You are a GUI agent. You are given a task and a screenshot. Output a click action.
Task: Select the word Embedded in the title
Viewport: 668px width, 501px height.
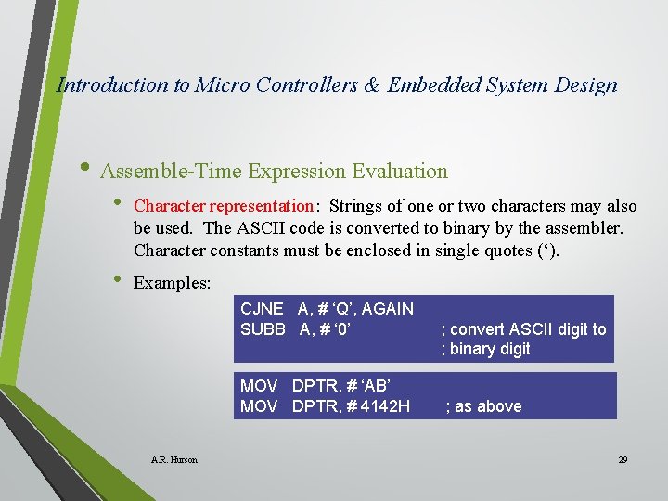pos(431,85)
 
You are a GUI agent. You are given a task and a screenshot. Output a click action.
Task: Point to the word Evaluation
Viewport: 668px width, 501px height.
pos(400,172)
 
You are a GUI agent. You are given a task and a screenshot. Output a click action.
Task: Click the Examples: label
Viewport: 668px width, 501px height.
pos(173,283)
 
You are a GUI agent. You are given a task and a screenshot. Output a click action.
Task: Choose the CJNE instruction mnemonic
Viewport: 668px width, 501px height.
pos(262,309)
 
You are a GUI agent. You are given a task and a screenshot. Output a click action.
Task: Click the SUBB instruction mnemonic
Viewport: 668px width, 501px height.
pos(263,328)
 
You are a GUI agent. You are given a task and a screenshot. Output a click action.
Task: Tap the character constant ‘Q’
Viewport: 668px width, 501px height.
pos(340,309)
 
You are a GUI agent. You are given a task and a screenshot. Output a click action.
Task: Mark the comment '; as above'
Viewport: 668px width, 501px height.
pos(483,406)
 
